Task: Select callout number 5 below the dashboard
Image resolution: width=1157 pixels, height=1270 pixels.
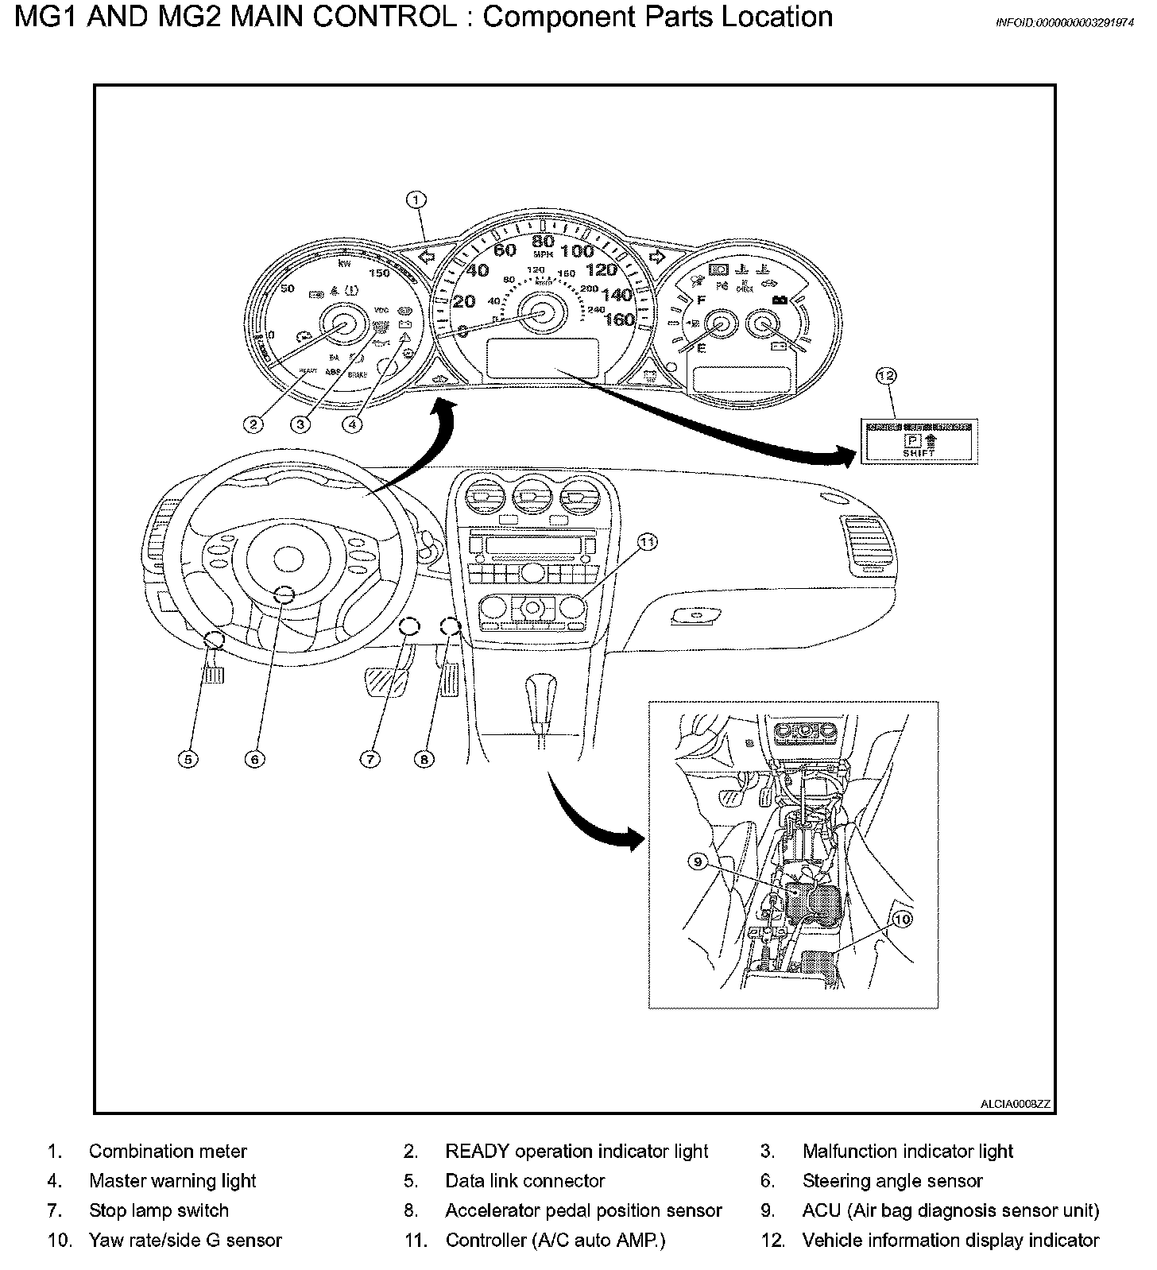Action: coord(188,759)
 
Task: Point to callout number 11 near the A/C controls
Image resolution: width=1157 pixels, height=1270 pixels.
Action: coord(648,542)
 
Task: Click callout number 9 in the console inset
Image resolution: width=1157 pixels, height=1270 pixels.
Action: coord(697,862)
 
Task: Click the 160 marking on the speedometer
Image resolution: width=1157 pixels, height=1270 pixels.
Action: coord(619,319)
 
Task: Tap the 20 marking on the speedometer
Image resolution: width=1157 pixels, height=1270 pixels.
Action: coord(463,301)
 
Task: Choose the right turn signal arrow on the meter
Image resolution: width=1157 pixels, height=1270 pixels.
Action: coord(656,256)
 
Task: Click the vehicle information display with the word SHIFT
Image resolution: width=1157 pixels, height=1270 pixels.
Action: coord(919,441)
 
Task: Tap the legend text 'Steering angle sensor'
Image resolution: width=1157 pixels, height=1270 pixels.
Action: coord(892,1181)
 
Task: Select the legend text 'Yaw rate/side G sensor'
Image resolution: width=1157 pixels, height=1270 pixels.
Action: coord(185,1240)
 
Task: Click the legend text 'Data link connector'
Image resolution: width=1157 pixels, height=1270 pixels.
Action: coord(524,1181)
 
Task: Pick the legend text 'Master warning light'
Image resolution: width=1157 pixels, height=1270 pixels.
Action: coord(172,1181)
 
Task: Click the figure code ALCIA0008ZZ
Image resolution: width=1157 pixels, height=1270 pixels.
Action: coord(1015,1104)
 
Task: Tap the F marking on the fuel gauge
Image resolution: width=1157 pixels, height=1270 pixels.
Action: coord(701,300)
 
